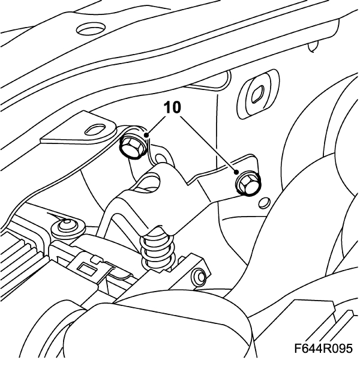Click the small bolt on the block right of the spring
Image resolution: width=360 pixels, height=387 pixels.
[198, 278]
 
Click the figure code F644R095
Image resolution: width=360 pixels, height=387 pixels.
[323, 349]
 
